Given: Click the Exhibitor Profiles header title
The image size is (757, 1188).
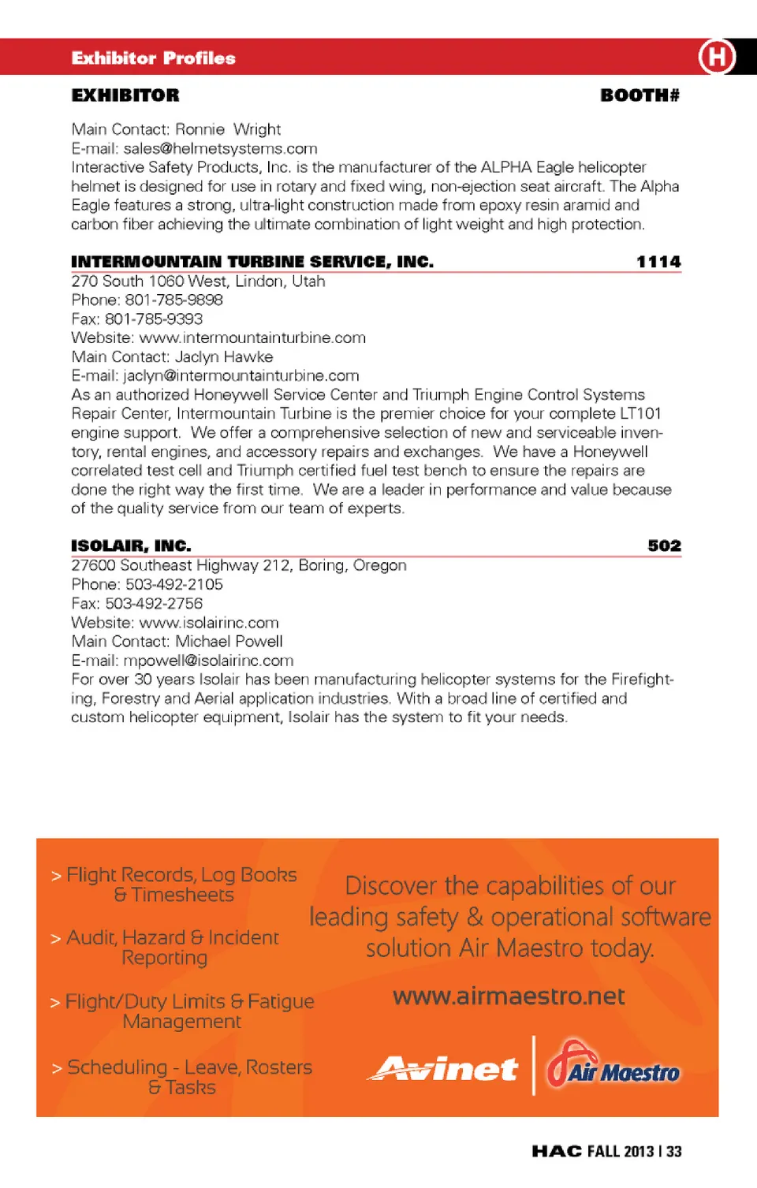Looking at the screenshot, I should tap(153, 58).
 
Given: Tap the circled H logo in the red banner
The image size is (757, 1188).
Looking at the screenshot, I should tap(716, 57).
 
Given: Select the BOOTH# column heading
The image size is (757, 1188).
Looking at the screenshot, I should tap(640, 95).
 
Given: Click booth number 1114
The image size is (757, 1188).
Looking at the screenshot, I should tap(658, 262).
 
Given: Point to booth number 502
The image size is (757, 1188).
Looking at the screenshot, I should tap(664, 546).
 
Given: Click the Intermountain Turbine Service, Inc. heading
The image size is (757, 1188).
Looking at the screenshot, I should tap(252, 262).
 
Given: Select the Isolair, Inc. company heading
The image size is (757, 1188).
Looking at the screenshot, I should tap(131, 546).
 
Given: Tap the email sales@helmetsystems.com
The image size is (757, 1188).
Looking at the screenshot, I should tap(220, 148).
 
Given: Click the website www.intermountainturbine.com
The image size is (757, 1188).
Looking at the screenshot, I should tap(252, 337).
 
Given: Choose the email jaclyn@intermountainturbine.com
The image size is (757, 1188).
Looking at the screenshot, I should tap(241, 375).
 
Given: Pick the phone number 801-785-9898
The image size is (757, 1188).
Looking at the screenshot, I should tap(173, 300).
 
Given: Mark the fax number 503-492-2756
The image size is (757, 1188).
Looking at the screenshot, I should tap(154, 603).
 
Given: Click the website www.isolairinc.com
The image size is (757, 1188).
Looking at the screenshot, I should tap(209, 622).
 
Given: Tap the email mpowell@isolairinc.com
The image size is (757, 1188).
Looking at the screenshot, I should tap(208, 660).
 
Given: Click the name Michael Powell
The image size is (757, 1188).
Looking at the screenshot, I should tap(229, 641).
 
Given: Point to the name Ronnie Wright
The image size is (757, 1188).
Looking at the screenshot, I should tap(228, 129).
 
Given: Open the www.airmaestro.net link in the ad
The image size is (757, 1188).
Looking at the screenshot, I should tap(509, 996).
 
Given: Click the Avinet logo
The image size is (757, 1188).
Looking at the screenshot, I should tap(445, 1069).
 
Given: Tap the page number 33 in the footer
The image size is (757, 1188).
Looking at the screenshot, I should tap(673, 1151).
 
